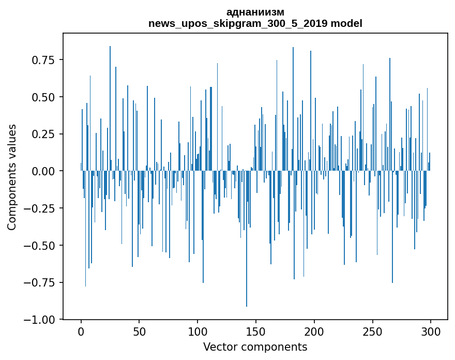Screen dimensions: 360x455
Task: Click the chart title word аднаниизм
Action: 255,12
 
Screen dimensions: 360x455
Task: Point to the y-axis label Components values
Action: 12,177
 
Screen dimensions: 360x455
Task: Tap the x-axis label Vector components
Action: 255,347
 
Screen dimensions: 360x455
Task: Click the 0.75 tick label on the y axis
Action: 43,60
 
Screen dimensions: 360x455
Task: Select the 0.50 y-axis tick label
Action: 43,97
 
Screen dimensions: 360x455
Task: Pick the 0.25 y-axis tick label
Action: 43,134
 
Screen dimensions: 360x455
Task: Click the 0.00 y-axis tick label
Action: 43,171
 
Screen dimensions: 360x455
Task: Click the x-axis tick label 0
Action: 81,332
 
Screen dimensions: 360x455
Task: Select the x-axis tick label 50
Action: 139,332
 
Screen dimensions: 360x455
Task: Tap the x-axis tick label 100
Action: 198,332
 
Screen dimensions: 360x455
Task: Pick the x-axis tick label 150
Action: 256,332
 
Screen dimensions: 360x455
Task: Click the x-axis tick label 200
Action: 314,332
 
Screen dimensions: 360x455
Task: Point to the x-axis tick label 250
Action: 372,332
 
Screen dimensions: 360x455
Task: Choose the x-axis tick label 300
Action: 430,332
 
